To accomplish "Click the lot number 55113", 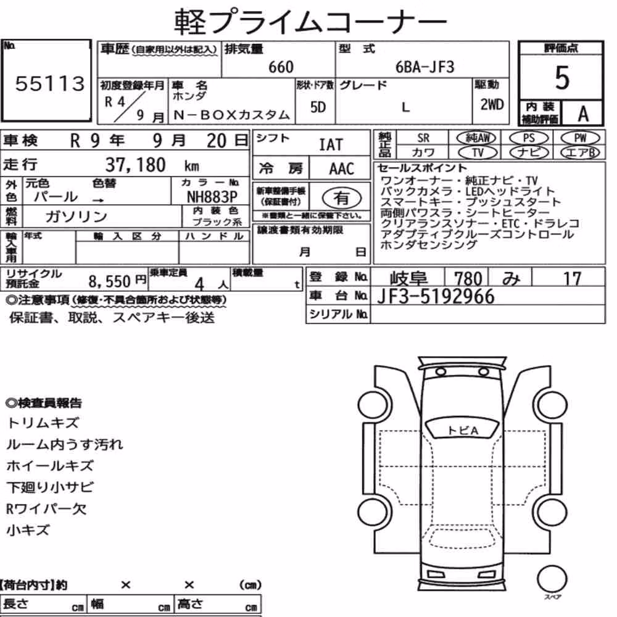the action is coord(50,84).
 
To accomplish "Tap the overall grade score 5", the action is coord(562,78).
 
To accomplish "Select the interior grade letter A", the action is coord(583,114).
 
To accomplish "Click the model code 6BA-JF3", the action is coord(424,67).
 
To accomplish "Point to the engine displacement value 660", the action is coord(281,67).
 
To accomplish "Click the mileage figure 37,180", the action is coord(135,165).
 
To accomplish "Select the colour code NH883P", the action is coord(212,197).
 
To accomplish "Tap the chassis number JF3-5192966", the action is coord(436,296).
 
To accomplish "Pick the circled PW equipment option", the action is coord(580,138).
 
